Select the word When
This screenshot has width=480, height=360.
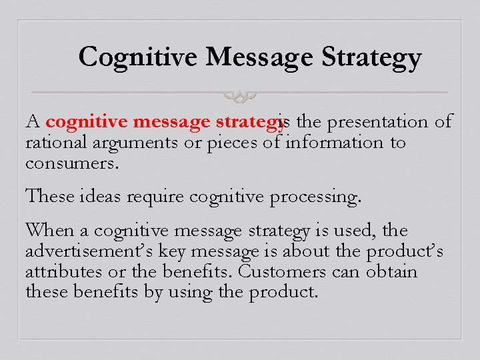point(51,231)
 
